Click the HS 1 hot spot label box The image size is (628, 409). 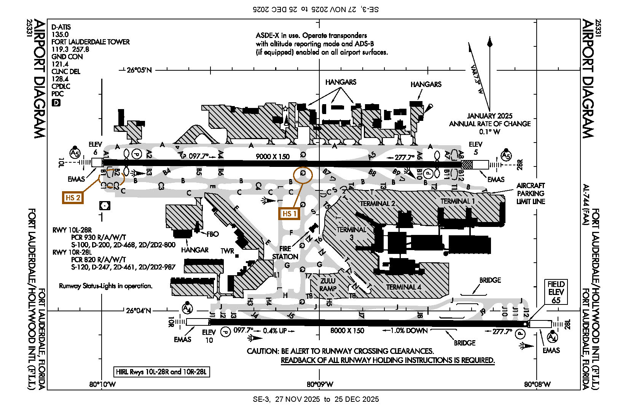[x=289, y=214]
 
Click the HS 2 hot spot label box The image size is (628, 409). [x=73, y=198]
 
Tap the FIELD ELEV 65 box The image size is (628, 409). [x=556, y=292]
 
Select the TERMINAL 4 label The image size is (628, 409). [x=403, y=287]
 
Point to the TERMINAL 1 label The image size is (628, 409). [x=457, y=201]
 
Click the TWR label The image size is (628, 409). [x=227, y=251]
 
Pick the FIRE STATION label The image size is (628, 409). [x=285, y=253]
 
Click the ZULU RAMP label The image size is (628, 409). [x=328, y=285]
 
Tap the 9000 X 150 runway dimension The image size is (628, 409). [x=273, y=156]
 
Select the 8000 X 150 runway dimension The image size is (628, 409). [x=347, y=331]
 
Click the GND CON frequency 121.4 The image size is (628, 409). [x=60, y=64]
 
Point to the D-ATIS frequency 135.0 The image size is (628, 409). [x=60, y=34]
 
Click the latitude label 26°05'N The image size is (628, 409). [x=139, y=70]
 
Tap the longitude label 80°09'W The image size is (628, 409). [x=320, y=384]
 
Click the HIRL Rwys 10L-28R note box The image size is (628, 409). [x=162, y=372]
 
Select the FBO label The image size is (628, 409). [x=212, y=234]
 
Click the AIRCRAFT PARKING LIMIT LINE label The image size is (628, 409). [x=531, y=193]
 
